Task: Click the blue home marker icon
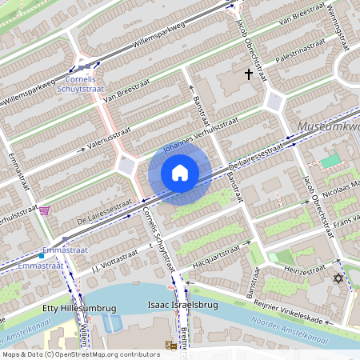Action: pyautogui.click(x=180, y=173)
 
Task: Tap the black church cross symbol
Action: pyautogui.click(x=249, y=74)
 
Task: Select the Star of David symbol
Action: pyautogui.click(x=338, y=279)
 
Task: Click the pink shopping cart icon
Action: pyautogui.click(x=44, y=210)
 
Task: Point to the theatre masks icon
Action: pyautogui.click(x=170, y=346)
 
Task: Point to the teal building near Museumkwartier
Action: pyautogui.click(x=330, y=162)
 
